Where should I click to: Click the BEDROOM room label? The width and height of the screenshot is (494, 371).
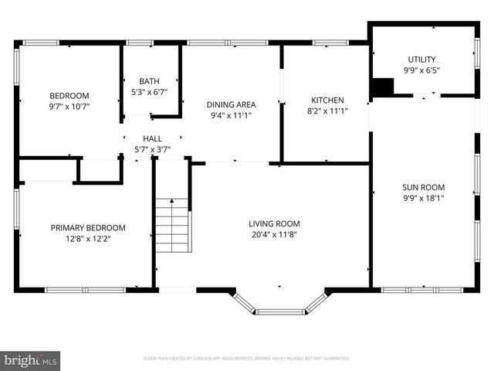[x=69, y=96]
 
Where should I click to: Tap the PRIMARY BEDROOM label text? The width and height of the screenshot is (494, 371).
[x=88, y=228]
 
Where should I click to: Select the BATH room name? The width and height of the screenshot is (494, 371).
[x=150, y=81]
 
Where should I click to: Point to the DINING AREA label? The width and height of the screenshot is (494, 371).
[x=231, y=104]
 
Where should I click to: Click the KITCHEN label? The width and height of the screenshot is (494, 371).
[x=327, y=100]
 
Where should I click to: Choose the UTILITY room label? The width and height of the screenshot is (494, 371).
[x=421, y=60]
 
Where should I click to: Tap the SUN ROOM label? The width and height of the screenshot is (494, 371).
[x=423, y=187]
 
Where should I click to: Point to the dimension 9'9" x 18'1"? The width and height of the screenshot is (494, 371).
[x=423, y=198]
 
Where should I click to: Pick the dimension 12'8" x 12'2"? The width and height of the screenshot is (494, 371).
[x=88, y=239]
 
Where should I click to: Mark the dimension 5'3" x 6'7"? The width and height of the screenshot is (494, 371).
[x=150, y=92]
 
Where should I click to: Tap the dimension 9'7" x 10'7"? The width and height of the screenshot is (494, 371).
[x=69, y=107]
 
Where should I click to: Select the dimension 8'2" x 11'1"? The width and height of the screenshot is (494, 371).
[x=327, y=111]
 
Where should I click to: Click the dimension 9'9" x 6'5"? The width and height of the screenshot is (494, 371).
[x=421, y=70]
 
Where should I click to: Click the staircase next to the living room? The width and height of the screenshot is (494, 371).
[x=173, y=226]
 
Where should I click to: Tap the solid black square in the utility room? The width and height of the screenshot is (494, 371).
[x=382, y=87]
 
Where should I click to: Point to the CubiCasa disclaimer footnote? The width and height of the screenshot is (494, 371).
[x=247, y=359]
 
